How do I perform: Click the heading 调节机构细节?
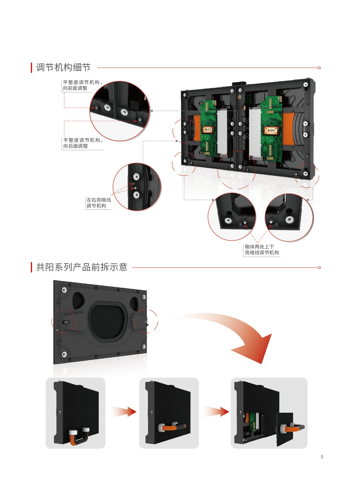63,67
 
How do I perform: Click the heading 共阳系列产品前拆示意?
81,267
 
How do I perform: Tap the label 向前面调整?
75,88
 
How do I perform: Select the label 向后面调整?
75,146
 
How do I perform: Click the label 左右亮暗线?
99,200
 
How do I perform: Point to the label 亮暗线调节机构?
262,253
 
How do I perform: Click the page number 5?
322,457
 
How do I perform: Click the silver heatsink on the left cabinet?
222,133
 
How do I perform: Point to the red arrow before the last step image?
216,411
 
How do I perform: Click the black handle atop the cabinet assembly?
239,83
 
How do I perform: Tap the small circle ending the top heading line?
319,68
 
